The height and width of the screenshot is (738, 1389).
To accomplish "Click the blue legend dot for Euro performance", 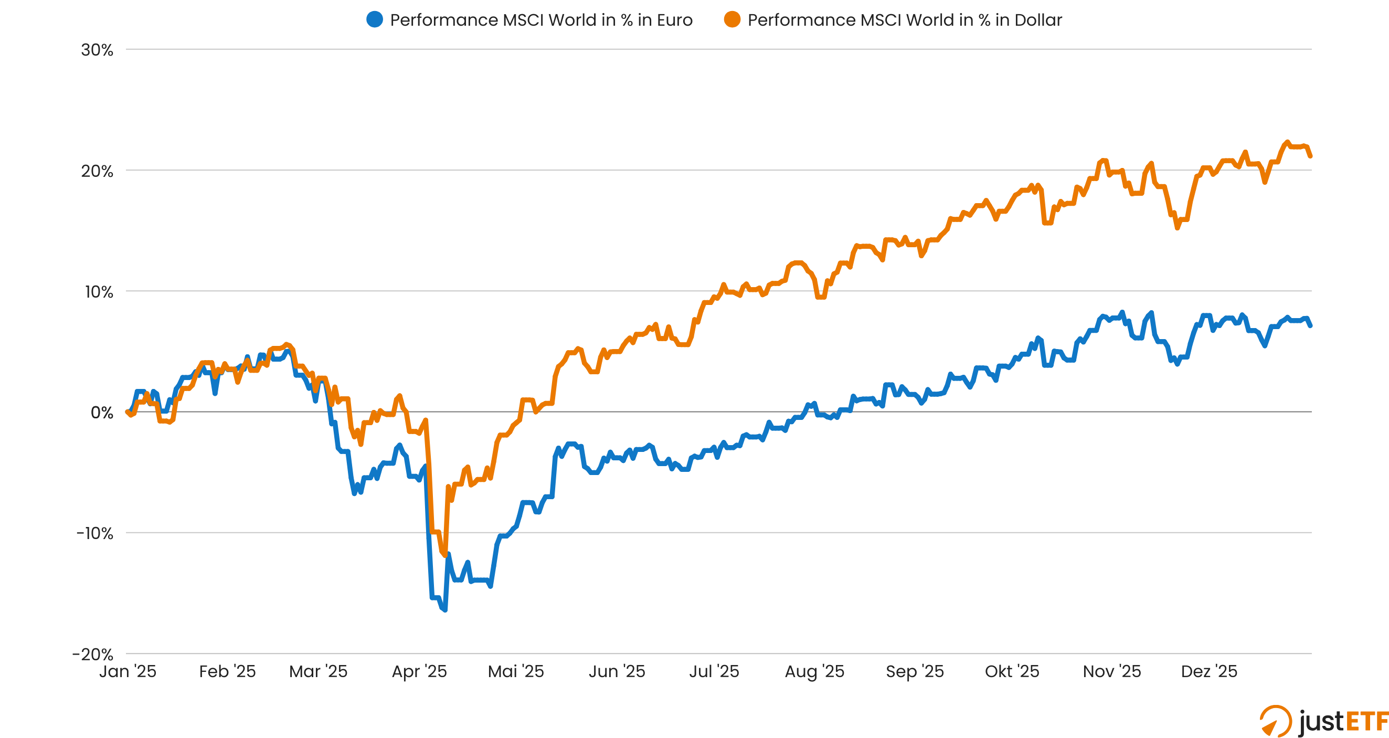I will point(374,19).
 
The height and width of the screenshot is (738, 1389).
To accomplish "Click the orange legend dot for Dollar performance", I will point(731,19).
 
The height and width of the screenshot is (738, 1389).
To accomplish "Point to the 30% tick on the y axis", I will point(97,50).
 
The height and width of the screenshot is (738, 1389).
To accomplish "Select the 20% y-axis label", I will point(97,171).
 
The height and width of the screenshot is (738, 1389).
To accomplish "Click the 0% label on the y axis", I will point(101,413).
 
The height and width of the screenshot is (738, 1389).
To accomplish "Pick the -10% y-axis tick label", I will point(95,533).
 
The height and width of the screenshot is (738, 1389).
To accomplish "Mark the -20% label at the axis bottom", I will point(93,655).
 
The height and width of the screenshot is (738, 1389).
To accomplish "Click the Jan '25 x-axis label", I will point(128,671).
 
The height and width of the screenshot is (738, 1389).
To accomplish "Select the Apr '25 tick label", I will point(419,671).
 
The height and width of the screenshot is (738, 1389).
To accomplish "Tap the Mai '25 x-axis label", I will point(515,671).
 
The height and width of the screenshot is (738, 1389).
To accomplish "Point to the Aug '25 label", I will point(814,671).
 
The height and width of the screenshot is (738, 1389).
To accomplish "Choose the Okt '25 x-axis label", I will point(1012,671).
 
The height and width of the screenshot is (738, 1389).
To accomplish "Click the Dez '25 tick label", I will point(1209,671).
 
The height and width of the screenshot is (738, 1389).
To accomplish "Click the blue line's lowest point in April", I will point(445,610).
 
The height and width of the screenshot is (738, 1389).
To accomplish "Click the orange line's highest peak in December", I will point(1287,142).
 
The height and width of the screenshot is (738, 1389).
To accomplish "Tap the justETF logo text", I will point(1343,721).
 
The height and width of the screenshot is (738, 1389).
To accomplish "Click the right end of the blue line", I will point(1310,325).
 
